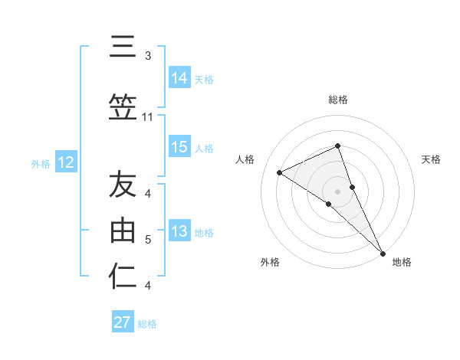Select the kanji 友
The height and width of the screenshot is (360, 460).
(x=122, y=185)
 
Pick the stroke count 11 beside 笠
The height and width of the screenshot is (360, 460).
(x=148, y=117)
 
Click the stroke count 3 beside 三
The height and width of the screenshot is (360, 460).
(x=148, y=56)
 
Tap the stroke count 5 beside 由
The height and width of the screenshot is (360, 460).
(x=148, y=240)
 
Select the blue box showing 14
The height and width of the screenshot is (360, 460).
(x=179, y=78)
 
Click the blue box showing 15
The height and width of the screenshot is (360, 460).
(x=179, y=147)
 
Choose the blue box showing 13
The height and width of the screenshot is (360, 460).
(x=179, y=231)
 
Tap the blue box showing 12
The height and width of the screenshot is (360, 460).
(x=66, y=162)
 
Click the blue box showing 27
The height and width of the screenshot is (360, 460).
(x=123, y=322)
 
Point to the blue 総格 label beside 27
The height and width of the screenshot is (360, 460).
(x=147, y=324)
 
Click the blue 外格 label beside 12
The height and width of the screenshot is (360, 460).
(x=41, y=163)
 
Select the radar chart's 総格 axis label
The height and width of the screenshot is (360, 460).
(x=337, y=100)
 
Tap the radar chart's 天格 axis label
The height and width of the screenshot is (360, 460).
(x=431, y=159)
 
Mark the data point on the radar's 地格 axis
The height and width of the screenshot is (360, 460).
(x=383, y=252)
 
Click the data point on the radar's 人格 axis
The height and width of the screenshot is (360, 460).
(x=280, y=172)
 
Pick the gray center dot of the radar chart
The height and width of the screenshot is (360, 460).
(x=337, y=191)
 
